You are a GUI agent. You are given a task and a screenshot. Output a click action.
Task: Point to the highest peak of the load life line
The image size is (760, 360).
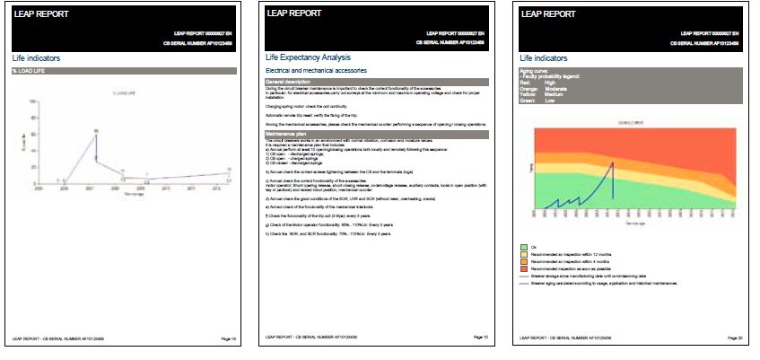95,132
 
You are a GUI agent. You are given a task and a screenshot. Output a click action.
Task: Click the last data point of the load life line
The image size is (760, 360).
229,172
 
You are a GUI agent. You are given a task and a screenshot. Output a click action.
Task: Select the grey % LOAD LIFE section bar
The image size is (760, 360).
124,70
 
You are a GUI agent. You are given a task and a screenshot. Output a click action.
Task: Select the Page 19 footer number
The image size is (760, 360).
229,338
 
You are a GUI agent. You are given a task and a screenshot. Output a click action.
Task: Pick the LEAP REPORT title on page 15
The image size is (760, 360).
297,14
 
